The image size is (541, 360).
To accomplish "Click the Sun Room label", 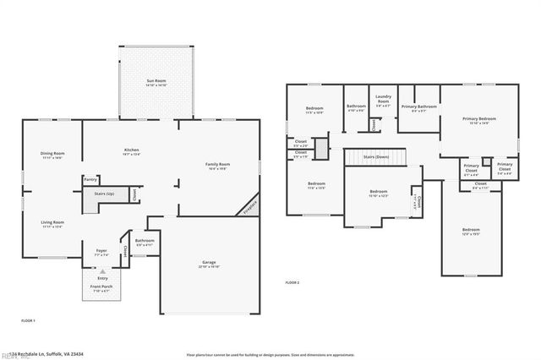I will pyautogui.click(x=156, y=83).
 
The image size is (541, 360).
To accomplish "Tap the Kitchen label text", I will pyautogui.click(x=130, y=152).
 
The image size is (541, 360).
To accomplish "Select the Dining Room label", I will pyautogui.click(x=52, y=155).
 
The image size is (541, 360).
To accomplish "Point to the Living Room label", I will pyautogui.click(x=52, y=224).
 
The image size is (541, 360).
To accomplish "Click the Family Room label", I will pyautogui.click(x=218, y=165).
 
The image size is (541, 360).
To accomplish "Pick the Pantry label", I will pyautogui.click(x=90, y=180).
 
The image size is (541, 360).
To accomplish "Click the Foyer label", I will pyautogui.click(x=101, y=251).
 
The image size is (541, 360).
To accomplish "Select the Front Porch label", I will pyautogui.click(x=101, y=288).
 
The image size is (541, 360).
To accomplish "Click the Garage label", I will pyautogui.click(x=208, y=264).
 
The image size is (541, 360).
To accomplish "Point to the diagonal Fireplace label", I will pyautogui.click(x=251, y=208).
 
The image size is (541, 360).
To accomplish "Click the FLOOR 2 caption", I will pyautogui.click(x=292, y=281).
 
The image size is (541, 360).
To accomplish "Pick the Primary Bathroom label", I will pyautogui.click(x=418, y=107).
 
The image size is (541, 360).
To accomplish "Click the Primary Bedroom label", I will pyautogui.click(x=478, y=120).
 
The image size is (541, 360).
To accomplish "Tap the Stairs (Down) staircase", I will pyautogui.click(x=374, y=156).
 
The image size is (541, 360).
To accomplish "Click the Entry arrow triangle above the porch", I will pyautogui.click(x=101, y=272).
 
